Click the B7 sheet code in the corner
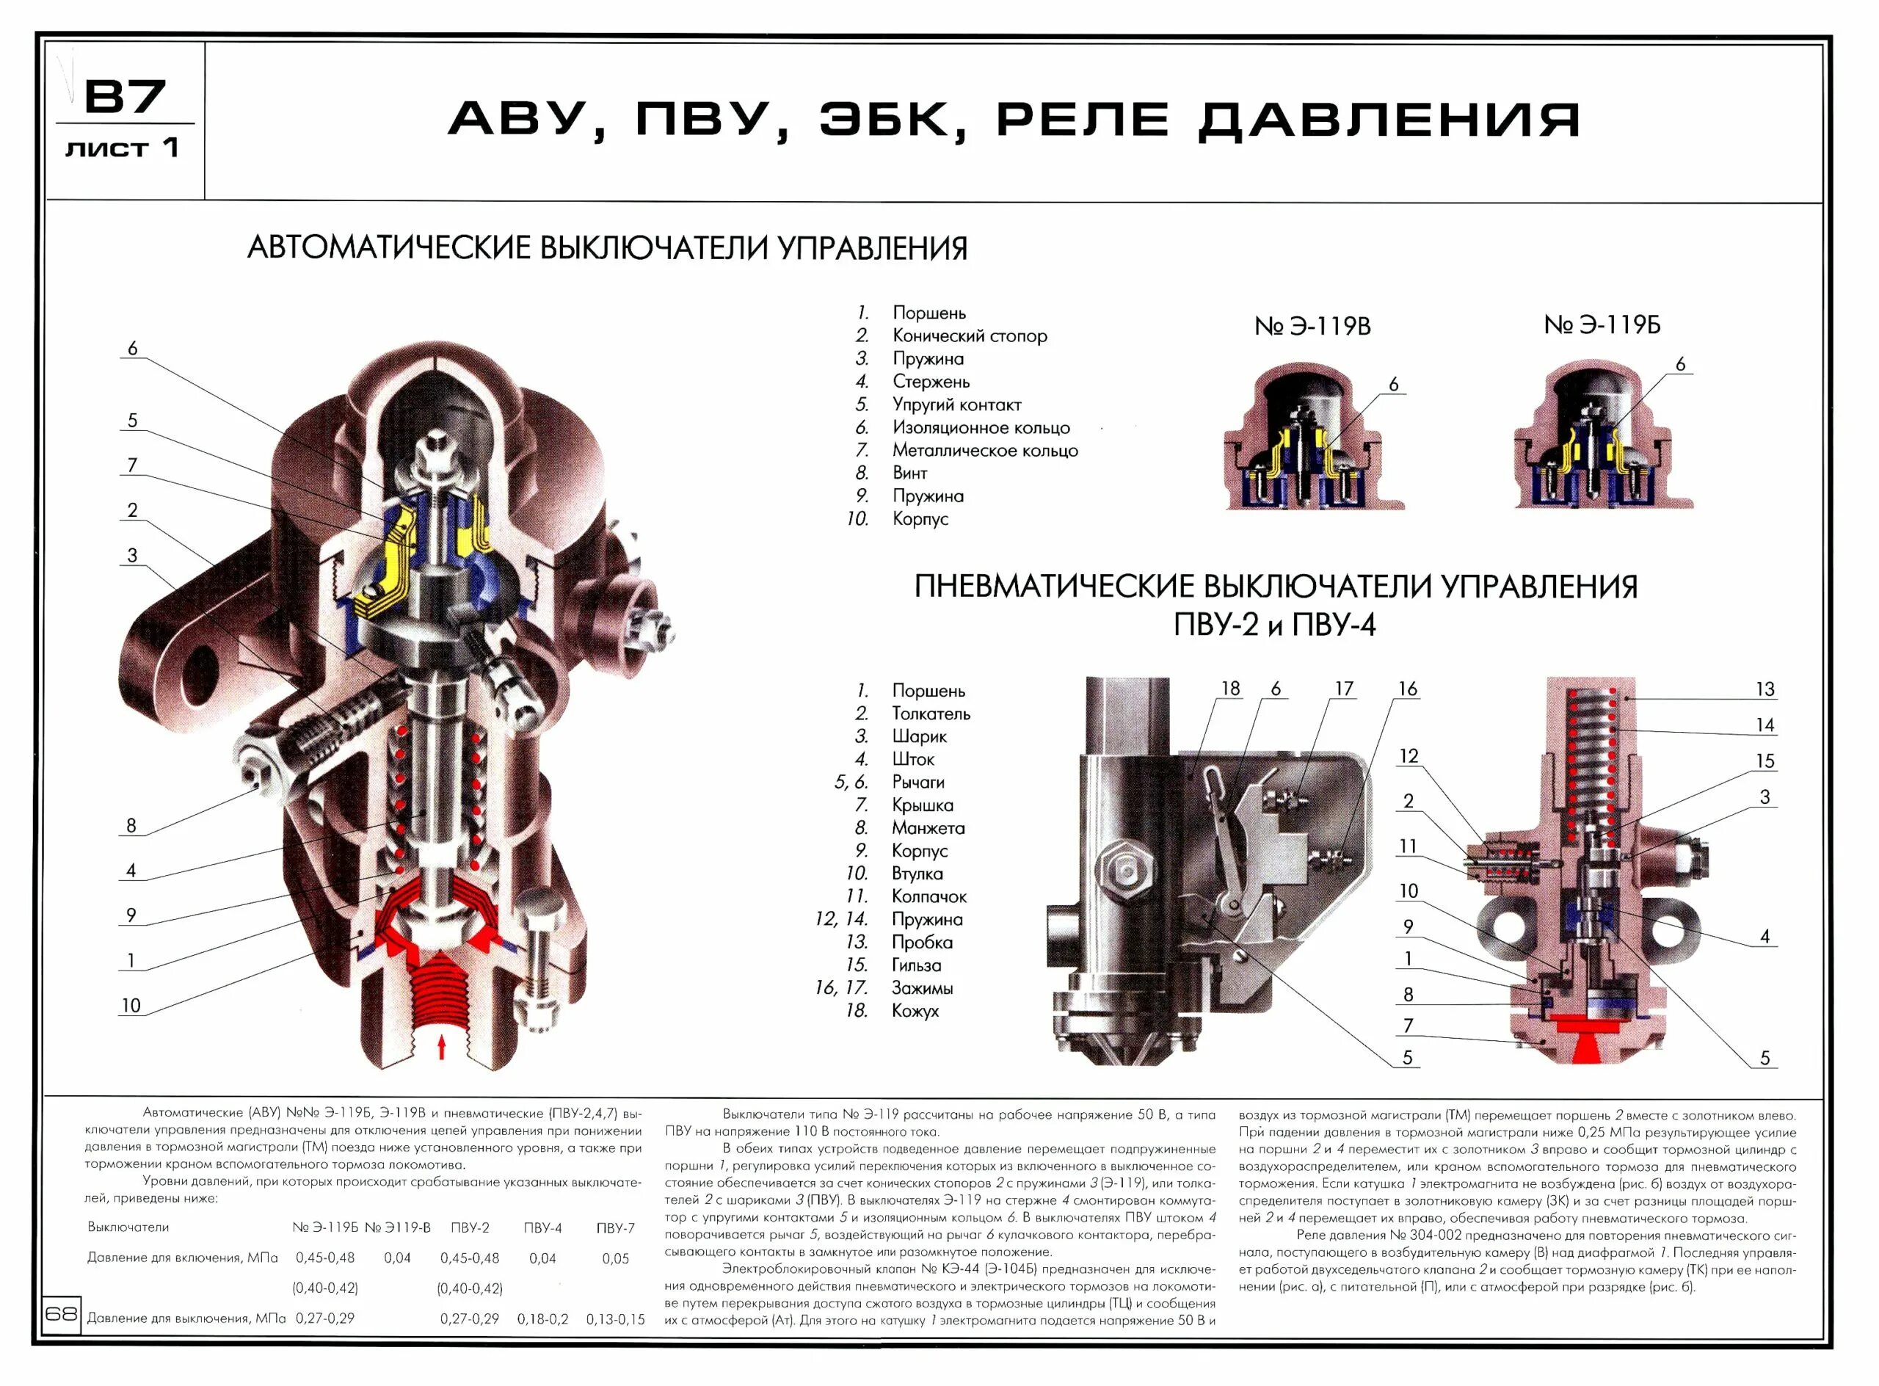126,98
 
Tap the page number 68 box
61,1313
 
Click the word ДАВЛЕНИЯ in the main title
1388,119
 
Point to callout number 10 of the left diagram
131,1005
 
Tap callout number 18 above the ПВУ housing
1229,689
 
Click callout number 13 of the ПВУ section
1765,689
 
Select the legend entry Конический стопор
970,335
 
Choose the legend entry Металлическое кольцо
985,451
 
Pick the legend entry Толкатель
931,714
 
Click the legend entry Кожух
915,1011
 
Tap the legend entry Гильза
916,965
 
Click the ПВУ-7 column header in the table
615,1227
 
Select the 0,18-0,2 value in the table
542,1319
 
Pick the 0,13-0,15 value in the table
615,1319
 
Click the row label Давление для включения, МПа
183,1258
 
